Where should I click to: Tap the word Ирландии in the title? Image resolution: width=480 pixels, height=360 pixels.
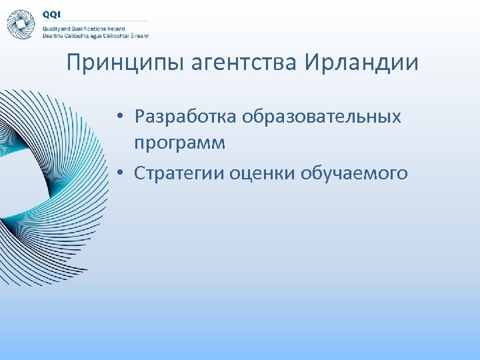(x=361, y=64)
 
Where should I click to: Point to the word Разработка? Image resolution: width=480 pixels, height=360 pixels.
(x=185, y=117)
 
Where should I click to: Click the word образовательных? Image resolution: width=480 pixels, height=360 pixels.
(x=321, y=117)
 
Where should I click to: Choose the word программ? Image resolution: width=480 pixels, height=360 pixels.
(x=179, y=143)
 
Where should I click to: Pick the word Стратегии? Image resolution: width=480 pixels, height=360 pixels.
(x=179, y=173)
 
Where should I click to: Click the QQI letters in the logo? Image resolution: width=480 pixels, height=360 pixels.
(x=52, y=15)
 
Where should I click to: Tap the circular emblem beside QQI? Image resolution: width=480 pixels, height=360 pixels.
(x=21, y=25)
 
